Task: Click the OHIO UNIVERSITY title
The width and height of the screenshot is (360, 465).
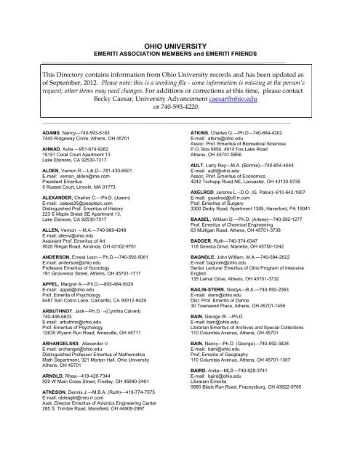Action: pyautogui.click(x=179, y=44)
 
